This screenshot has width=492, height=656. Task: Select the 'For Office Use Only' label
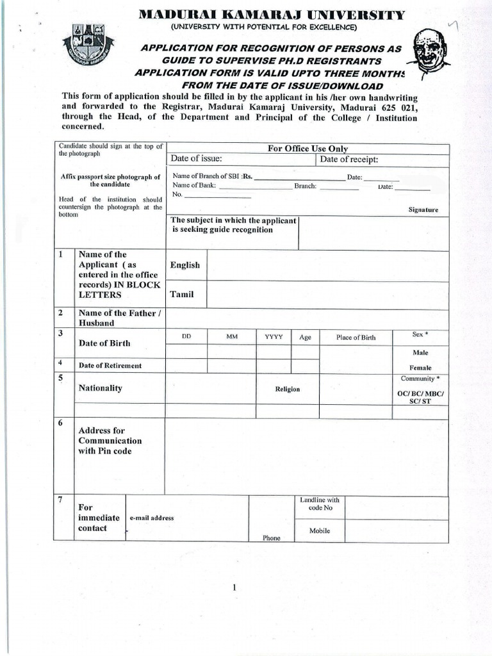pos(307,149)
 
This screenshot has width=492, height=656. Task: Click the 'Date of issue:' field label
pos(196,160)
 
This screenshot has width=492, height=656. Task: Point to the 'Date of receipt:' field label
pos(349,160)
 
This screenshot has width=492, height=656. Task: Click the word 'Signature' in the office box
pos(423,209)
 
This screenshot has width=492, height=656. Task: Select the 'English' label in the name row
pos(184,265)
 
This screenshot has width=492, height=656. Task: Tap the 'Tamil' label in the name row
pos(181,294)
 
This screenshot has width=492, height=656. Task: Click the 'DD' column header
pos(186,336)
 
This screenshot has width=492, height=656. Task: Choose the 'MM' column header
pos(231,336)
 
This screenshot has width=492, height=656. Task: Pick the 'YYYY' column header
pos(274,336)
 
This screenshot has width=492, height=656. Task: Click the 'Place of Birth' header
pos(356,337)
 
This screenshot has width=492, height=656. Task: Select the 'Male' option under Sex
pos(421,352)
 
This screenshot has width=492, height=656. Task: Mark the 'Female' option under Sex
pos(420,368)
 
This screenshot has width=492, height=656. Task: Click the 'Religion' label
pos(288,389)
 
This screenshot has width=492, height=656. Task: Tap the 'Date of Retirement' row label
pos(110,366)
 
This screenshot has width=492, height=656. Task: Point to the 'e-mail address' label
pos(152,518)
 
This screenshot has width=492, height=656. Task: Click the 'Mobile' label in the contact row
pos(320,530)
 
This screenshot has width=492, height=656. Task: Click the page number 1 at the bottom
pos(235,587)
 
